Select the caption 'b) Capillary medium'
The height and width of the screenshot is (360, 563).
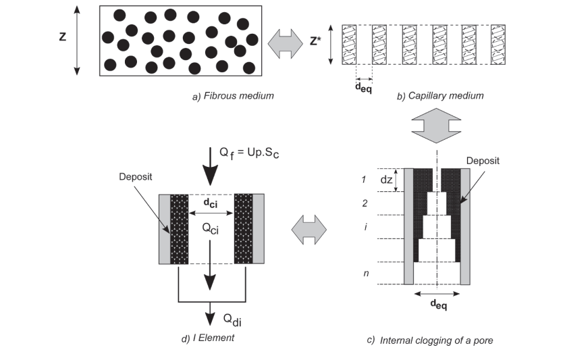pos(440,96)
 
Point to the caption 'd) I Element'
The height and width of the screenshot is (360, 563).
pos(208,338)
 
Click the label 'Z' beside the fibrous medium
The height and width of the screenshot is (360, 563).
pos(62,37)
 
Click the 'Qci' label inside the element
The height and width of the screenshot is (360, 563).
pos(211,228)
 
